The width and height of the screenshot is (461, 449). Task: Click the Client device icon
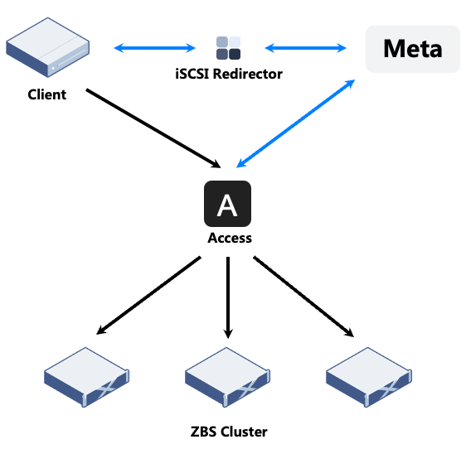point(47,47)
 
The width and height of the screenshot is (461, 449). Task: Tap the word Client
point(47,94)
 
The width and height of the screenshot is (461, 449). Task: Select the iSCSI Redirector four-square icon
point(229,48)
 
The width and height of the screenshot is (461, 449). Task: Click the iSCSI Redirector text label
point(229,74)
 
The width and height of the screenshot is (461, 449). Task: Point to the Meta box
point(412,49)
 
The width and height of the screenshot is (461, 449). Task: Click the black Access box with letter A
point(227,204)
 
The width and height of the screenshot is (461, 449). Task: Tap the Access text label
point(230,238)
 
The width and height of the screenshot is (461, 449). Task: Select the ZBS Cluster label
point(229,432)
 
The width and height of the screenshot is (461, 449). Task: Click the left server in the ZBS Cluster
point(86,377)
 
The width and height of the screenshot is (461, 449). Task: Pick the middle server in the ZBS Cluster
point(227,377)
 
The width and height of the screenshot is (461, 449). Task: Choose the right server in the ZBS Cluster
point(369,377)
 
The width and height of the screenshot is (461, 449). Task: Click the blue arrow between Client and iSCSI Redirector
point(155,48)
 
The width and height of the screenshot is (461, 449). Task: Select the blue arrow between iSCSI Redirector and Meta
point(306,48)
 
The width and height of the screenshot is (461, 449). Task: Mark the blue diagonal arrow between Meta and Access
point(295,123)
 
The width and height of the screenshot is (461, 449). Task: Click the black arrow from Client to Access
point(153,128)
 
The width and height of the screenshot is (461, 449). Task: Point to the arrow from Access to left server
point(148,296)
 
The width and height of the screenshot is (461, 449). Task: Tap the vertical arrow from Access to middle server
point(228,297)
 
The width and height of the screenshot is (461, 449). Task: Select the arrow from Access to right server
point(303,297)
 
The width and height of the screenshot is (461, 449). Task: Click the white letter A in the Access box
point(227,205)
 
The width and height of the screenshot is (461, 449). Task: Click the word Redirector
point(248,74)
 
